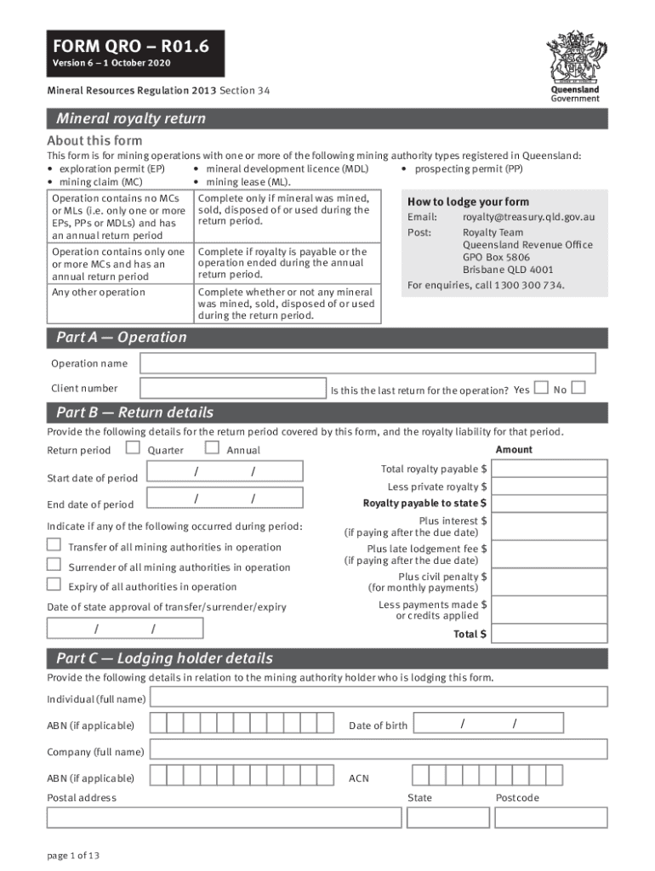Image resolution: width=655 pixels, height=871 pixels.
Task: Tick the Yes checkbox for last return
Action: point(541,388)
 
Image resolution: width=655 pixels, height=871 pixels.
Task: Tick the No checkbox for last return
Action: point(578,388)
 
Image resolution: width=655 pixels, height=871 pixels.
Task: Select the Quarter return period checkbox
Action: point(133,447)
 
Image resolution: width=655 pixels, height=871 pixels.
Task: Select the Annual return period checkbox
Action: point(212,447)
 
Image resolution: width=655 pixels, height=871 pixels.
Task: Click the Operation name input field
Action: point(367,363)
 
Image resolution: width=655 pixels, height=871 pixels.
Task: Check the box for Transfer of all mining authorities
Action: point(54,545)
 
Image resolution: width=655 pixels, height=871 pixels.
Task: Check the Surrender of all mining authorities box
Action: point(54,565)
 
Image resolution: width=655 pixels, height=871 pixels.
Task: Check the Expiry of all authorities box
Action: point(54,584)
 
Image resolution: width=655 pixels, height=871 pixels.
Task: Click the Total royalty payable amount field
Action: point(550,469)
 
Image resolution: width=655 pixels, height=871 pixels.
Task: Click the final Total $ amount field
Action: point(550,635)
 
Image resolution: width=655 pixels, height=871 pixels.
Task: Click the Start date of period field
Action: point(225,472)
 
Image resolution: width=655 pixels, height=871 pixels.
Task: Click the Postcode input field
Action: point(551,817)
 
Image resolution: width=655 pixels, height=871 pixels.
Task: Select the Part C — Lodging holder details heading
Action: point(164,658)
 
